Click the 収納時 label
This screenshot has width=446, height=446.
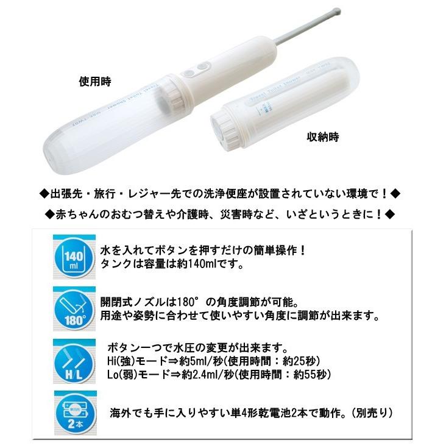pos(322,136)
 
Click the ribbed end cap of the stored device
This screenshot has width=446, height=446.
pos(227,127)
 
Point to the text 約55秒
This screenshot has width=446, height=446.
pos(317,373)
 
